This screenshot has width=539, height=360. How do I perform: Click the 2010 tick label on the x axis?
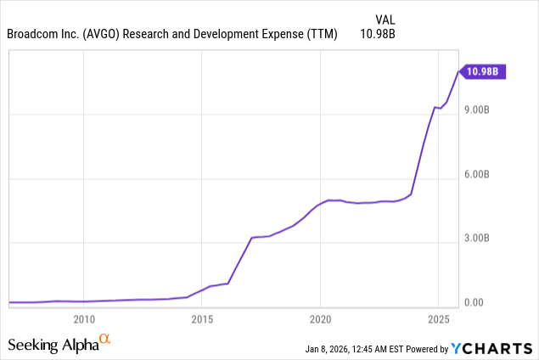83,319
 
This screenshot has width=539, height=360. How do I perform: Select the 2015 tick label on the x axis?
202,319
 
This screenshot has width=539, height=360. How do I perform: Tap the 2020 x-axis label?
320,319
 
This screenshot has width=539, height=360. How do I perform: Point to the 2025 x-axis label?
438,319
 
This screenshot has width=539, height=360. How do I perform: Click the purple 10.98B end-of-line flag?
483,73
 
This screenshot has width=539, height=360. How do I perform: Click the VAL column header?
385,19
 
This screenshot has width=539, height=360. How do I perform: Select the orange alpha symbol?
105,340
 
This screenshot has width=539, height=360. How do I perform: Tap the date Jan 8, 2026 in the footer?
332,349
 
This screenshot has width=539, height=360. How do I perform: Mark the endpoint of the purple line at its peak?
458,72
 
